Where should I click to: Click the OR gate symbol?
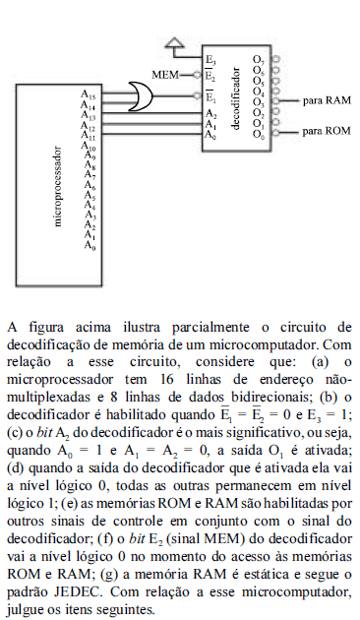pos(153,96)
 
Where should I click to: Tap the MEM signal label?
pos(165,74)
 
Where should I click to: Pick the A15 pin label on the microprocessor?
pos(89,96)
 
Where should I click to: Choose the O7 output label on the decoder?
pos(259,62)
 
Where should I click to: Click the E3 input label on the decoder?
pos(210,61)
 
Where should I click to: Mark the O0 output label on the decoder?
pos(259,134)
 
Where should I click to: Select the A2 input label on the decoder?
pos(210,114)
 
